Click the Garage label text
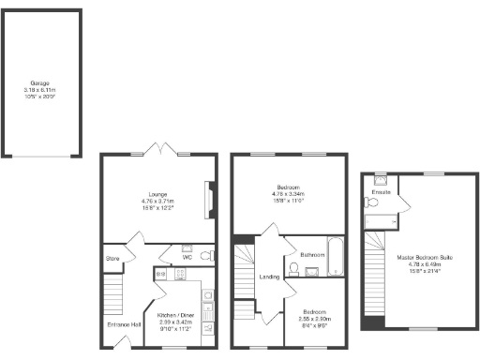[39, 82]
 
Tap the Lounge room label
[156, 194]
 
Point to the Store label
[112, 257]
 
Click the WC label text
[187, 256]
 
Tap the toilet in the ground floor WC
[207, 255]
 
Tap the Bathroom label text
[312, 254]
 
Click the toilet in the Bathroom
[294, 270]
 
